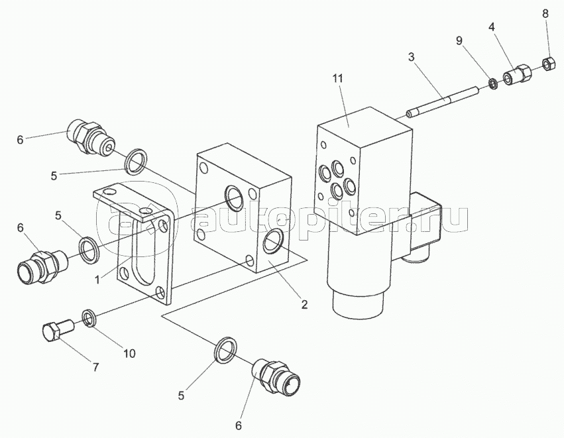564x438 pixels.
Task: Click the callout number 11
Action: (x=338, y=79)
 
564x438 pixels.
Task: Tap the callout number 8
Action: (x=545, y=14)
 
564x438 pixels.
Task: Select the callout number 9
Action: (x=459, y=41)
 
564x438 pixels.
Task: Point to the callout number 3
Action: (x=411, y=57)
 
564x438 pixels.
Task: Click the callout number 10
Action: (x=130, y=353)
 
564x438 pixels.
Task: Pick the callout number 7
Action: (x=95, y=368)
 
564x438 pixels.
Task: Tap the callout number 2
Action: (x=304, y=305)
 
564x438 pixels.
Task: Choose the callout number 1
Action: (x=97, y=280)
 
